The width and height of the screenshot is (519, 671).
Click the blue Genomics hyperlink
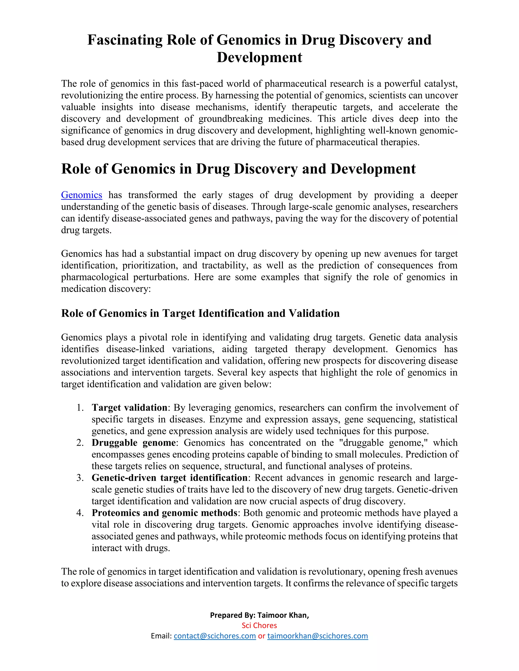(82, 195)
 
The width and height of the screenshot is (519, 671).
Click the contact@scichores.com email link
(215, 636)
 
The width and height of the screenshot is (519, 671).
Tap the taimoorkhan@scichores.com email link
(318, 636)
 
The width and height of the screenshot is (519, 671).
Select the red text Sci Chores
(259, 625)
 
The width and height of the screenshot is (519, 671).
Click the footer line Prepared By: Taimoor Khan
(259, 615)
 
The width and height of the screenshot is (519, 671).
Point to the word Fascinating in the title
(125, 40)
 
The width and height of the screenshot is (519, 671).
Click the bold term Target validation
(129, 407)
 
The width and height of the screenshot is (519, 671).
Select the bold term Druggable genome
(134, 442)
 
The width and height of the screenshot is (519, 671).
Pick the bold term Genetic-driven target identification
(170, 478)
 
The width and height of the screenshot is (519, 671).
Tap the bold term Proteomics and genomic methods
(164, 512)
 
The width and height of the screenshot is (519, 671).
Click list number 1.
(80, 408)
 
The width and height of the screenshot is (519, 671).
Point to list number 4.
(80, 513)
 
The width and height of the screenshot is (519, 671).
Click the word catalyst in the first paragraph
(441, 84)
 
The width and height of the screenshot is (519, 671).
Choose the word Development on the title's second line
(259, 57)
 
